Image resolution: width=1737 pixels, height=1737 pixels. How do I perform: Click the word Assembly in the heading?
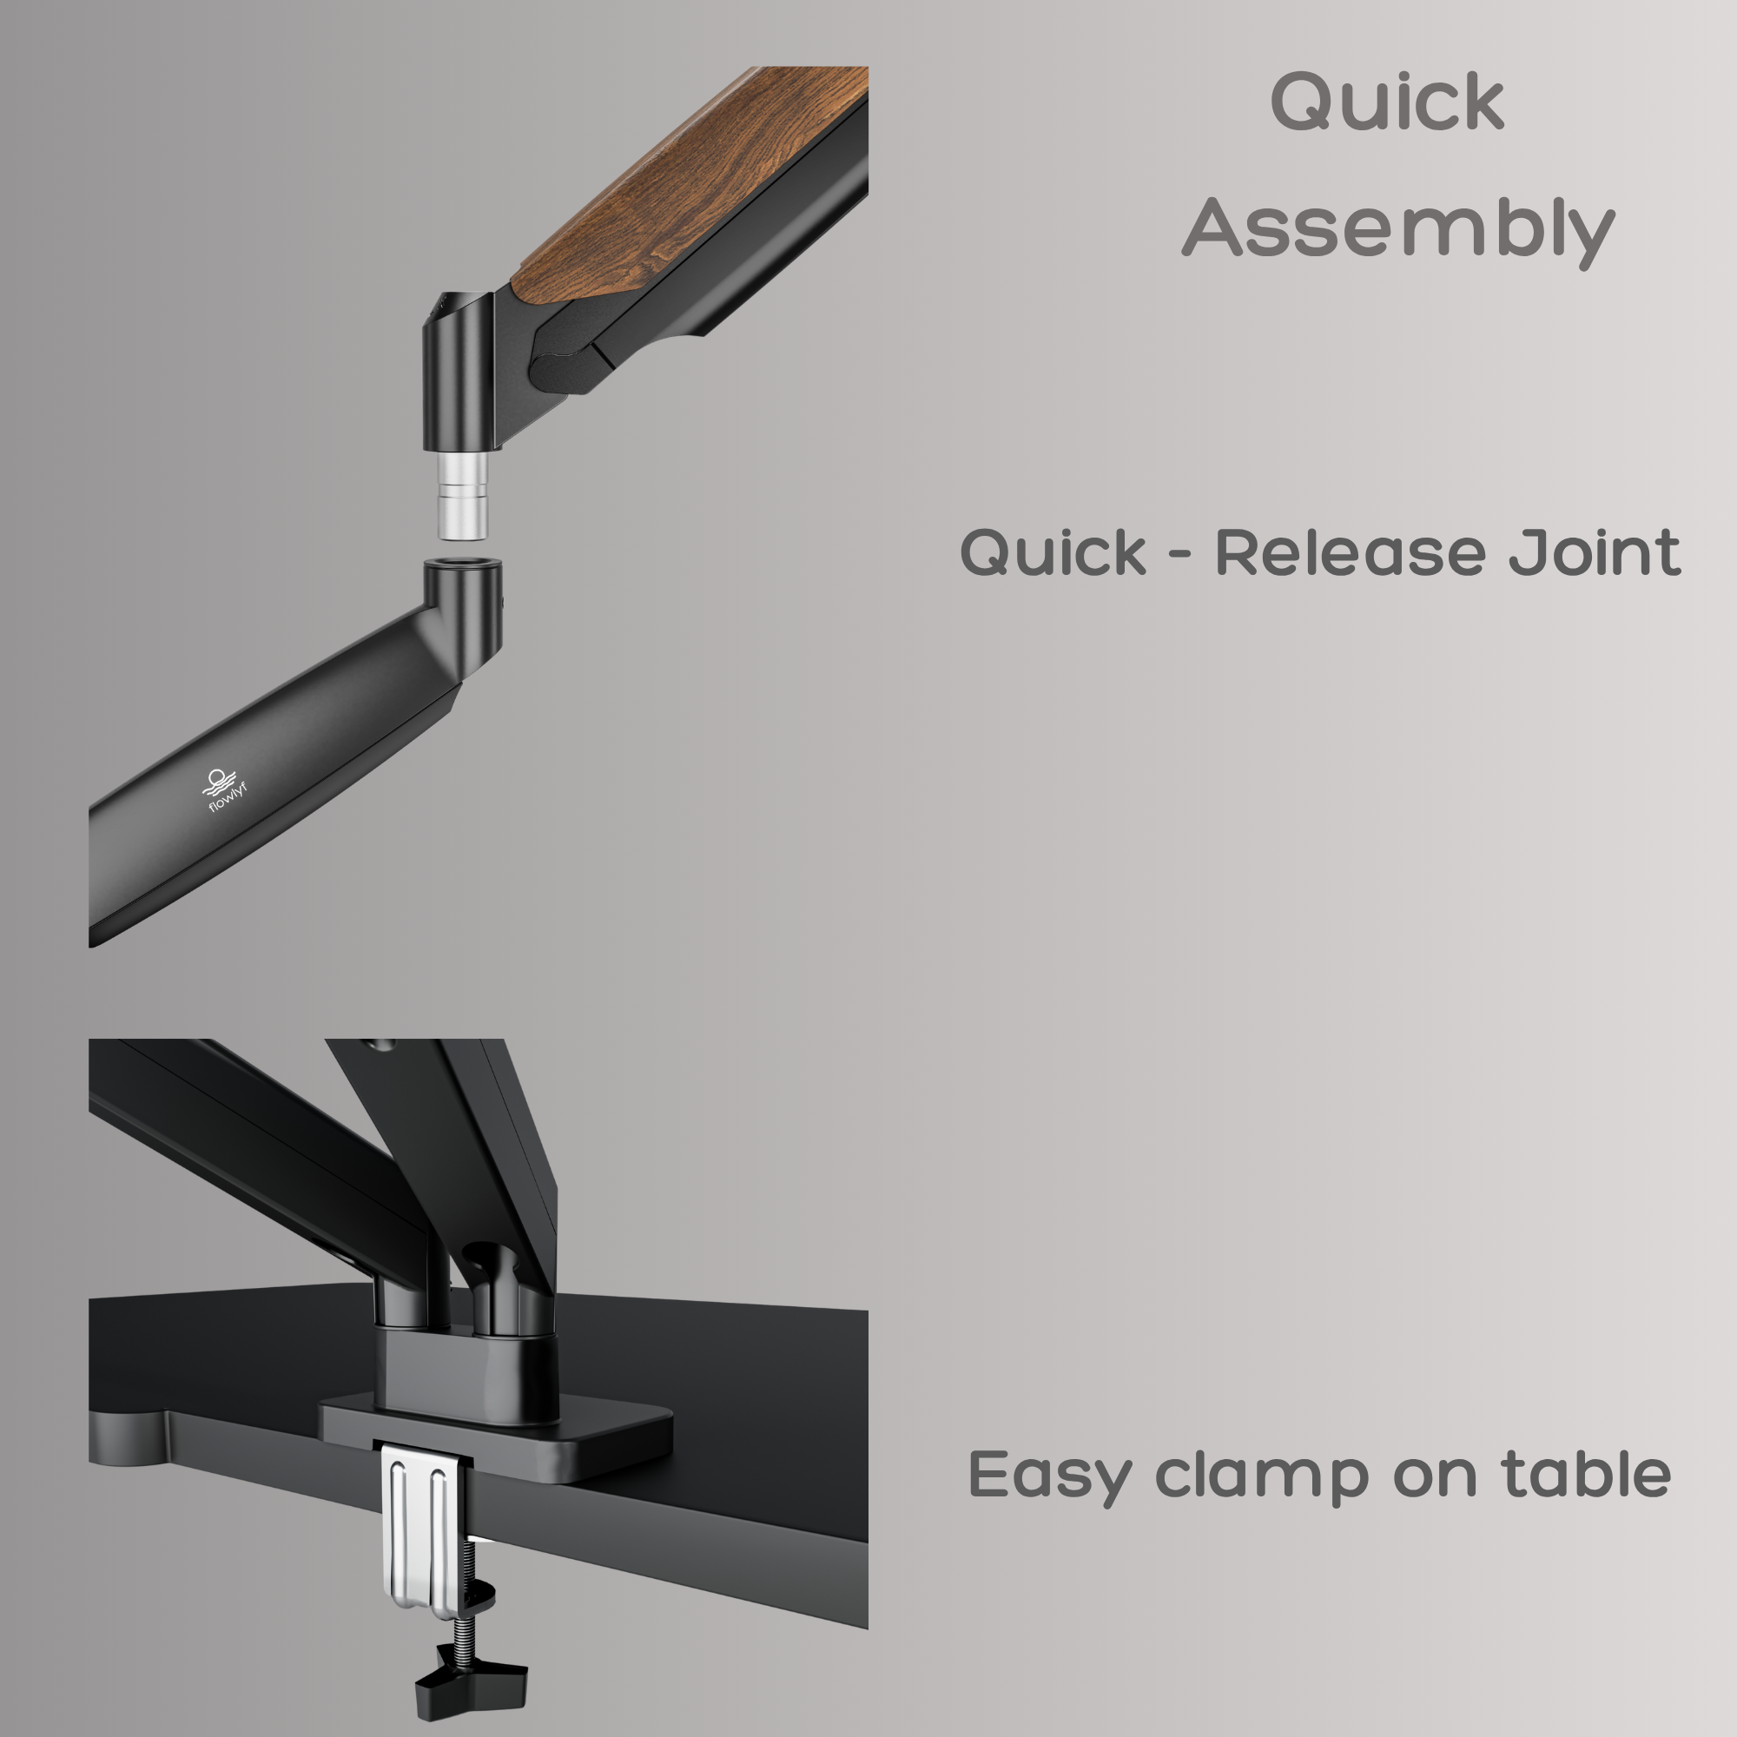1398,231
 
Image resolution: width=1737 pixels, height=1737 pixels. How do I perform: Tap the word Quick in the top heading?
1387,101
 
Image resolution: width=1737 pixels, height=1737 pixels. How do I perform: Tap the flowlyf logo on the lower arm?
224,791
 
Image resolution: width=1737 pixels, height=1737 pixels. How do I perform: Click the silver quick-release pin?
462,495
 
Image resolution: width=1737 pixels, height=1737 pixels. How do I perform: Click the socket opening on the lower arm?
462,564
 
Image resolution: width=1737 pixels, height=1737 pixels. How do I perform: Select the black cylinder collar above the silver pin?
459,372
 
